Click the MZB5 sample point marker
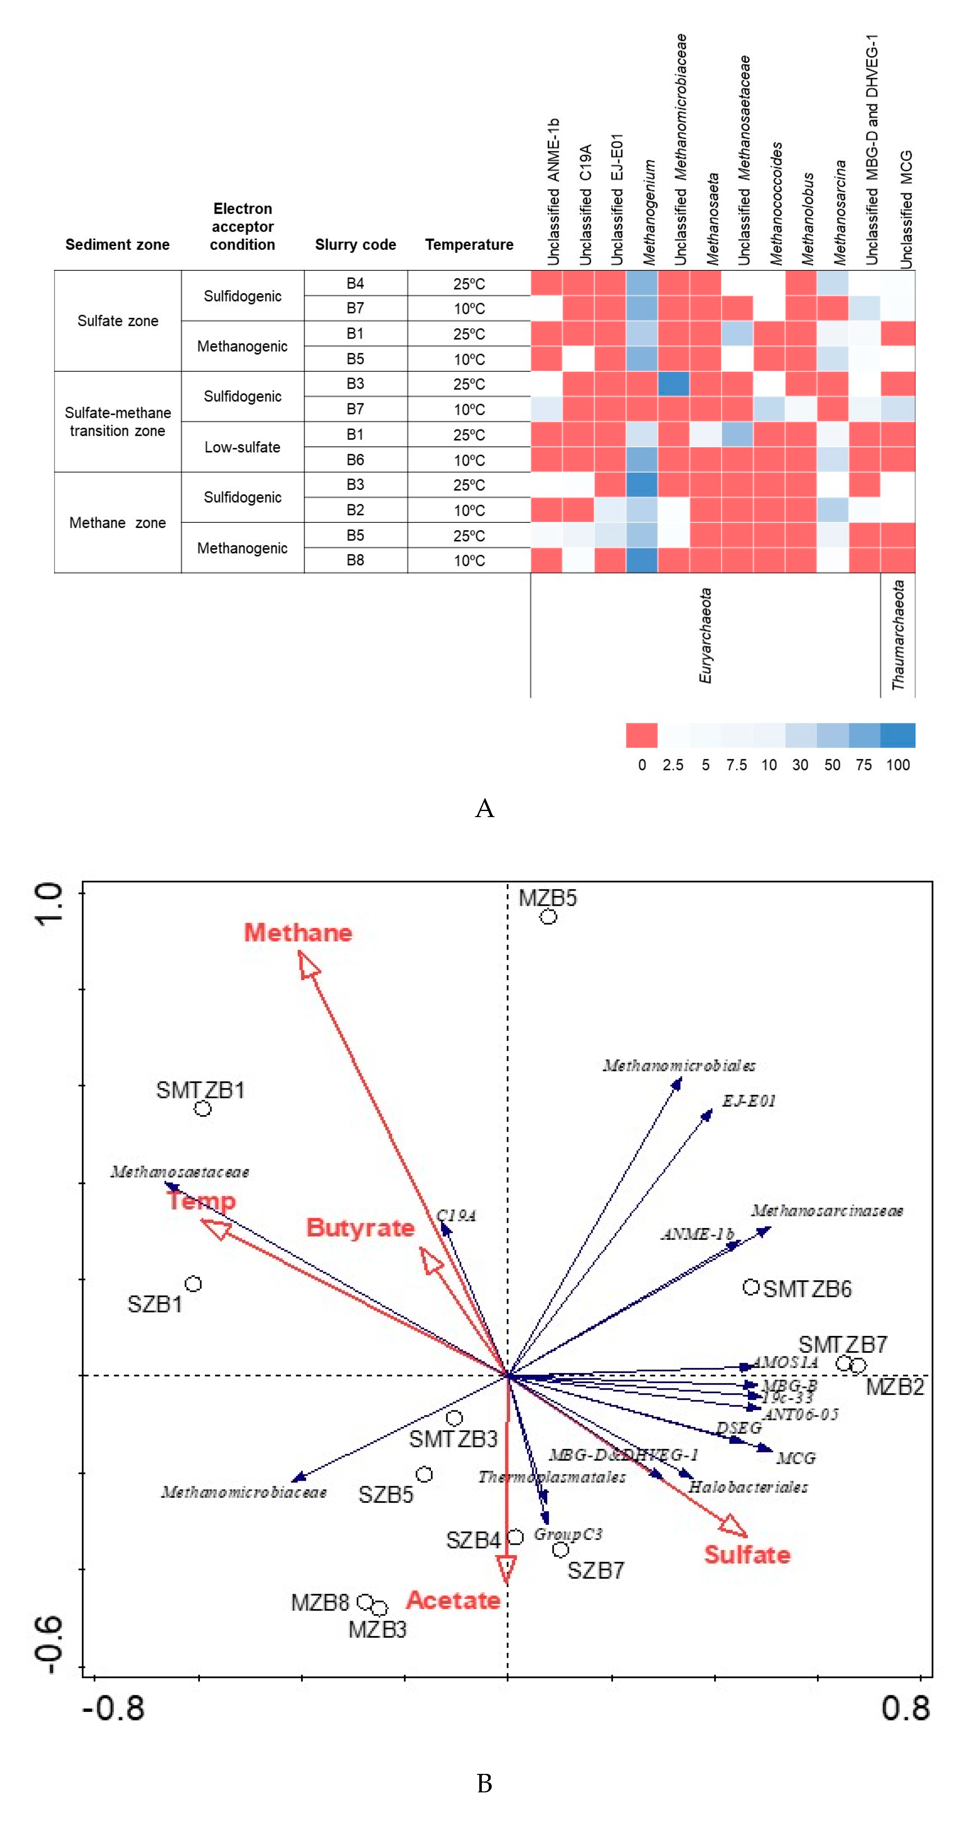point(549,917)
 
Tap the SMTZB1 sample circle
point(203,1108)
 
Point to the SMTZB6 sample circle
point(751,1287)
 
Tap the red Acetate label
point(453,1600)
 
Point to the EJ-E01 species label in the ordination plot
point(749,1101)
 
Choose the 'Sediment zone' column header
point(117,244)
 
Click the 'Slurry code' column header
point(355,244)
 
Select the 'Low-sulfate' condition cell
point(243,447)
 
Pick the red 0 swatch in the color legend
point(641,735)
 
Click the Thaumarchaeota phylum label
point(898,635)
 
